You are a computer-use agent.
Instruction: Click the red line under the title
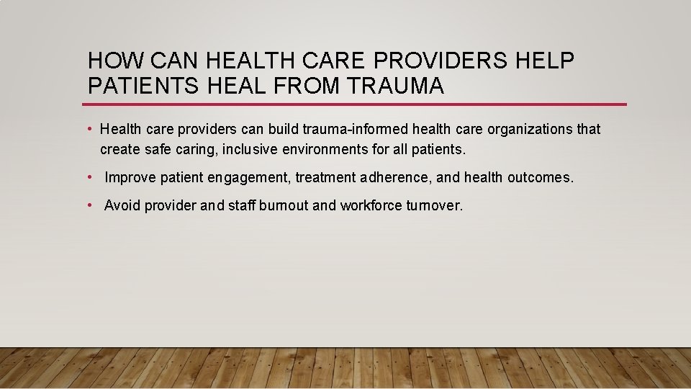pos(356,104)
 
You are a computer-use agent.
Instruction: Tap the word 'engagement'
pos(249,177)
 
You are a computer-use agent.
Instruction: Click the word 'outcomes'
pos(540,177)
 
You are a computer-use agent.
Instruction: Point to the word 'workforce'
pos(370,205)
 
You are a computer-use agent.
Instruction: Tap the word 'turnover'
pos(433,205)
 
